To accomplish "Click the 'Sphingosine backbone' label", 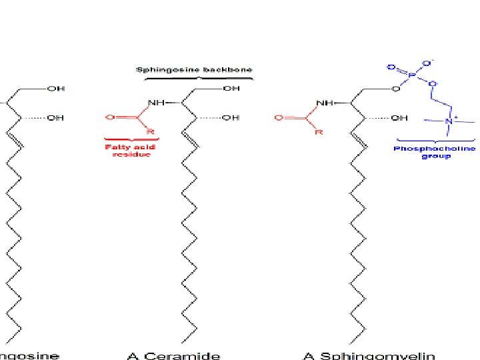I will pyautogui.click(x=194, y=69).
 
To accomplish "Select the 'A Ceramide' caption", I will pyautogui.click(x=173, y=355).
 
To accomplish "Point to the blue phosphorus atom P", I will pyautogui.click(x=411, y=76).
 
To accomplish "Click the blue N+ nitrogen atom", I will pyautogui.click(x=448, y=121).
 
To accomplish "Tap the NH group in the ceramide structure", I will pyautogui.click(x=156, y=103).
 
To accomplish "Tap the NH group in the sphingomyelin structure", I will pyautogui.click(x=325, y=103).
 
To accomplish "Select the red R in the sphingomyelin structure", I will pyautogui.click(x=319, y=132).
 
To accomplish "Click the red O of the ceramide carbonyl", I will pyautogui.click(x=109, y=118).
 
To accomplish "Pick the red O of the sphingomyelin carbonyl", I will pyautogui.click(x=279, y=118).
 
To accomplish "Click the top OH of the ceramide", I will pyautogui.click(x=231, y=87).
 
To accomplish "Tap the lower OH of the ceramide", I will pyautogui.click(x=231, y=118).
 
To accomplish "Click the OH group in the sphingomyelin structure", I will pyautogui.click(x=399, y=118).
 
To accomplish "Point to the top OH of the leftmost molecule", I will pyautogui.click(x=55, y=87).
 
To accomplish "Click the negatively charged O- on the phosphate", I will pyautogui.click(x=432, y=63).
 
